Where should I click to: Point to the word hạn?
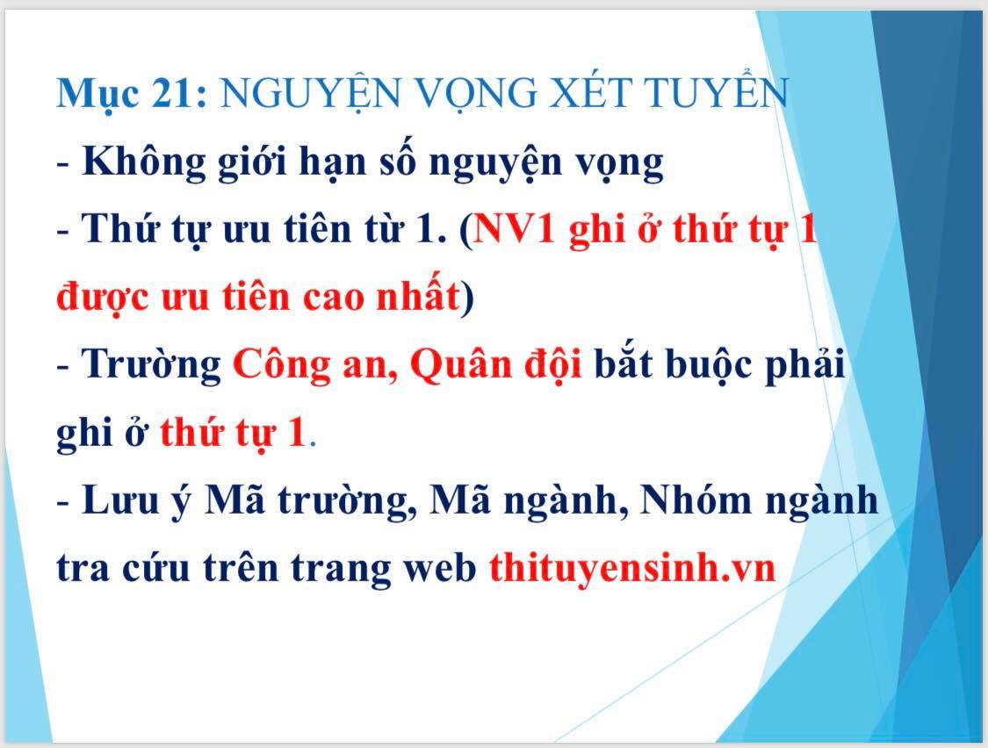pos(332,162)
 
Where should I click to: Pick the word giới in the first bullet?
pos(252,162)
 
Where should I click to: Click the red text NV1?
pos(514,228)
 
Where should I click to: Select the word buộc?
pos(708,365)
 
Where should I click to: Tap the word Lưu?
pos(119,500)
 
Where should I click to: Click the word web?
pos(440,569)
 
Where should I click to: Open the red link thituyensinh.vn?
pos(632,566)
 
